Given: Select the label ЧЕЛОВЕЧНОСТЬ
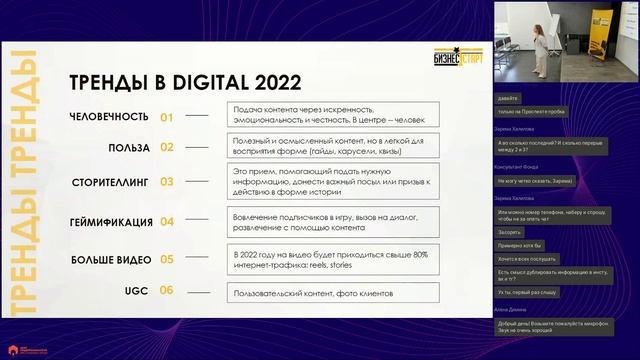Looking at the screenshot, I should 110,116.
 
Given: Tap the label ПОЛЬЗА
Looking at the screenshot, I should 129,147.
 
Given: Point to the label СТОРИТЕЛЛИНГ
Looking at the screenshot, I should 112,182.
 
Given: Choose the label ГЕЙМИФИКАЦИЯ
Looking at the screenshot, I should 111,221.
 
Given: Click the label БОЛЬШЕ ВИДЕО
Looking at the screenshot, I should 111,259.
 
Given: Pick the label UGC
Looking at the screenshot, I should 137,291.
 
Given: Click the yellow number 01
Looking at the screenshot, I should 167,116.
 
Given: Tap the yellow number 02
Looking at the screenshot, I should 167,147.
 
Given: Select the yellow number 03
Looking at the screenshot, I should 167,182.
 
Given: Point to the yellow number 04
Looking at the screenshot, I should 167,221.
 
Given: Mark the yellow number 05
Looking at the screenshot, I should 167,259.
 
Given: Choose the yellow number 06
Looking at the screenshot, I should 167,291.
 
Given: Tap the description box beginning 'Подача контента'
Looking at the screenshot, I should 332,114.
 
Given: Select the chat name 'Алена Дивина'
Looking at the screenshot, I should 510,311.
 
